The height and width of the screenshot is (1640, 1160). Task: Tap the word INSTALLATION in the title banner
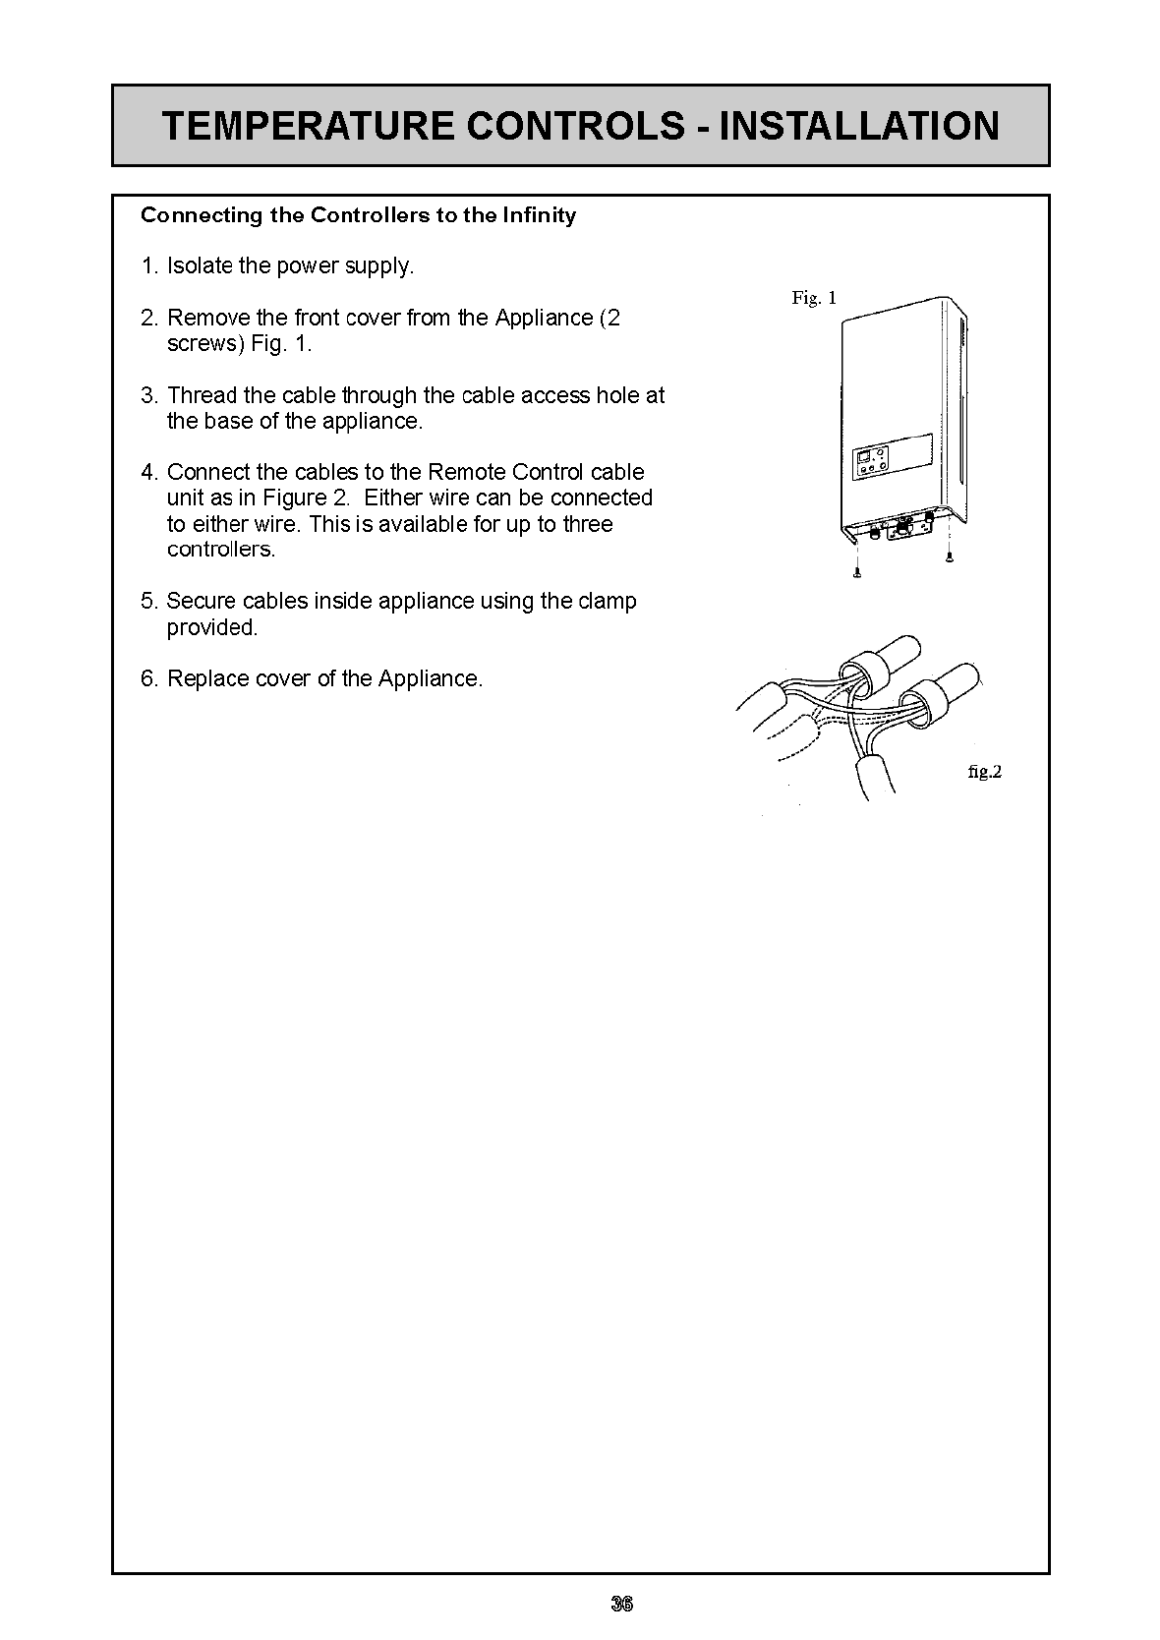(x=859, y=127)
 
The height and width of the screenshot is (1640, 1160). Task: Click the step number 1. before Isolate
(x=149, y=266)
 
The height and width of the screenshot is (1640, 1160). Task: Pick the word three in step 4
(x=588, y=524)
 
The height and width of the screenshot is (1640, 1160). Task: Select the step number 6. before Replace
(x=149, y=678)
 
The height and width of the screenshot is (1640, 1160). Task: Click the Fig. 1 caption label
(x=814, y=298)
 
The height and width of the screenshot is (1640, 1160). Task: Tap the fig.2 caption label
(x=984, y=772)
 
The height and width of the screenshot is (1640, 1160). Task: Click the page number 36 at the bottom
(x=621, y=1604)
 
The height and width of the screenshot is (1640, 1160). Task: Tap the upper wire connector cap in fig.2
(x=890, y=661)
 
